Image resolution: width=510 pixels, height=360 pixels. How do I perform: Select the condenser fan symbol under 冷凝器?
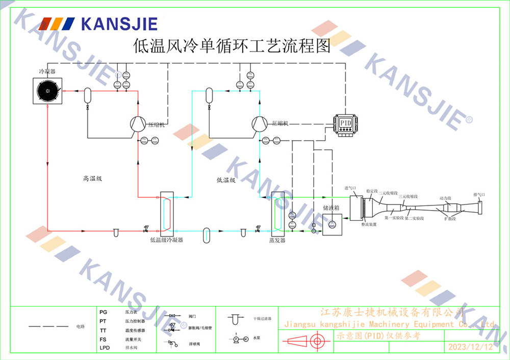[47, 91]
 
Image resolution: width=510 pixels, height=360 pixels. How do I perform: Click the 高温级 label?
[93, 179]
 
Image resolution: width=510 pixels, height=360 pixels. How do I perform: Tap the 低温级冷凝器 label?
[166, 239]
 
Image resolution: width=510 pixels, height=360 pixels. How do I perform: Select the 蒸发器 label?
[277, 240]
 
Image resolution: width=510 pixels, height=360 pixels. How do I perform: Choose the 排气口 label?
[479, 195]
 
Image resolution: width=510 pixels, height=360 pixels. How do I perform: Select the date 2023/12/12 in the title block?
[471, 347]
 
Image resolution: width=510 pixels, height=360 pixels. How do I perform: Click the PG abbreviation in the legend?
[104, 312]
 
